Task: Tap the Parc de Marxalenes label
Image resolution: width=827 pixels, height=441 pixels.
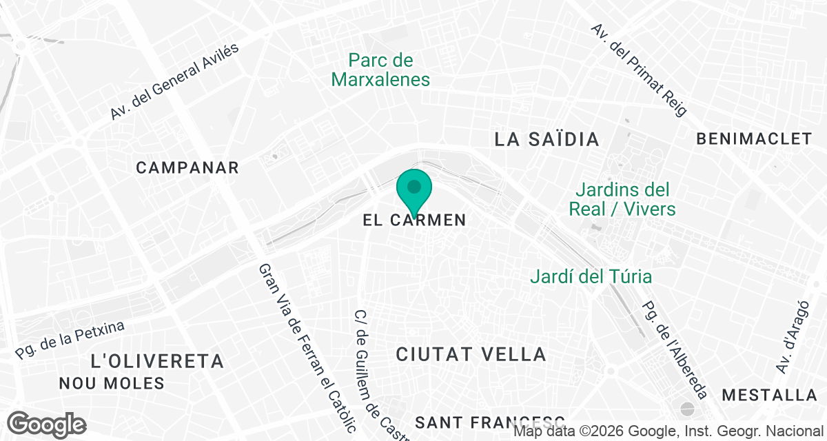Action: coord(380,70)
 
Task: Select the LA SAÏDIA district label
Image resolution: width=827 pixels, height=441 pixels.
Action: coord(547,139)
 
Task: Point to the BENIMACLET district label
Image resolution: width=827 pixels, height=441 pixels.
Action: coord(754,139)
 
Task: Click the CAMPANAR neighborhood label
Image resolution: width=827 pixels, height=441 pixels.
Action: coord(187,167)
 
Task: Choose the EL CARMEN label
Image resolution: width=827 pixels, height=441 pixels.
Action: coord(414,221)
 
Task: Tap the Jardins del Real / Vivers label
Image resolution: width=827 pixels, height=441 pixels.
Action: coord(622,199)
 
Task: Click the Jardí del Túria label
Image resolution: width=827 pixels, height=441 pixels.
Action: coord(591,277)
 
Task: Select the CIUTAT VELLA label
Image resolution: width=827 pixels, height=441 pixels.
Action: coord(471,355)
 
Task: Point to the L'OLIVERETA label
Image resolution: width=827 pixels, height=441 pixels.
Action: coord(158,361)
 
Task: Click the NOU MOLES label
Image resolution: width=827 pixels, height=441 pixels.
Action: coord(112,383)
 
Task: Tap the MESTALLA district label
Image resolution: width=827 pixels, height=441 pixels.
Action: coord(769,396)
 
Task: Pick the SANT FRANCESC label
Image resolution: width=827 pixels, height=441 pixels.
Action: coord(490,421)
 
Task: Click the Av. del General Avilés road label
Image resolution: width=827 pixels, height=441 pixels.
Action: coord(174,81)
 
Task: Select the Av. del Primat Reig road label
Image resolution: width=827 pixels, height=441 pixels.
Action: coord(640,70)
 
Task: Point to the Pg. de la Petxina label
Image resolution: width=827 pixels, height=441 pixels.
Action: coord(70,340)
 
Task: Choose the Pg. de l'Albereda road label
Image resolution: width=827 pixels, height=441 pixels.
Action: coord(674,350)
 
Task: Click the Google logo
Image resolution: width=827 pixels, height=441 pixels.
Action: coord(48,424)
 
